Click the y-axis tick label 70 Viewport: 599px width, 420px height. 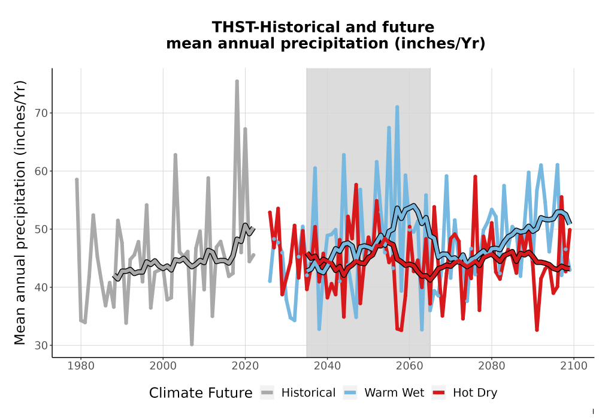[42, 113]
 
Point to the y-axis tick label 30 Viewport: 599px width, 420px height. [42, 346]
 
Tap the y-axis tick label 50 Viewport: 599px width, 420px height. [42, 229]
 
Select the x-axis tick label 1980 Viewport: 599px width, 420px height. [81, 366]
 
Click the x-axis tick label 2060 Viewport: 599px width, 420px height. [409, 366]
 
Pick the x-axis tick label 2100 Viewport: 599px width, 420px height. [573, 366]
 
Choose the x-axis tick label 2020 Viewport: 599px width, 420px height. [245, 366]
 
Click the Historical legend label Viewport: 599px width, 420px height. [308, 393]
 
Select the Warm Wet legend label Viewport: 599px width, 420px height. [394, 393]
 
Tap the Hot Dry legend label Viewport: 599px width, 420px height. [475, 393]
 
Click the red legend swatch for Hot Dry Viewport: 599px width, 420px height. [438, 393]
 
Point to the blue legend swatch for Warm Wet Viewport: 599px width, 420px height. [350, 393]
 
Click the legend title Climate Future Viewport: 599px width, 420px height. [201, 393]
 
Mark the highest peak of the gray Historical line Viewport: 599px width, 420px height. [237, 81]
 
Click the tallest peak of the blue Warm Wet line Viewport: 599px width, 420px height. [397, 107]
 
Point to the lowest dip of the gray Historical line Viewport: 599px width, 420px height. [192, 344]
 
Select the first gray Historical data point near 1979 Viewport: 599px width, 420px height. [77, 179]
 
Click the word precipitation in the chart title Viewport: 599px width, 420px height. [335, 44]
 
